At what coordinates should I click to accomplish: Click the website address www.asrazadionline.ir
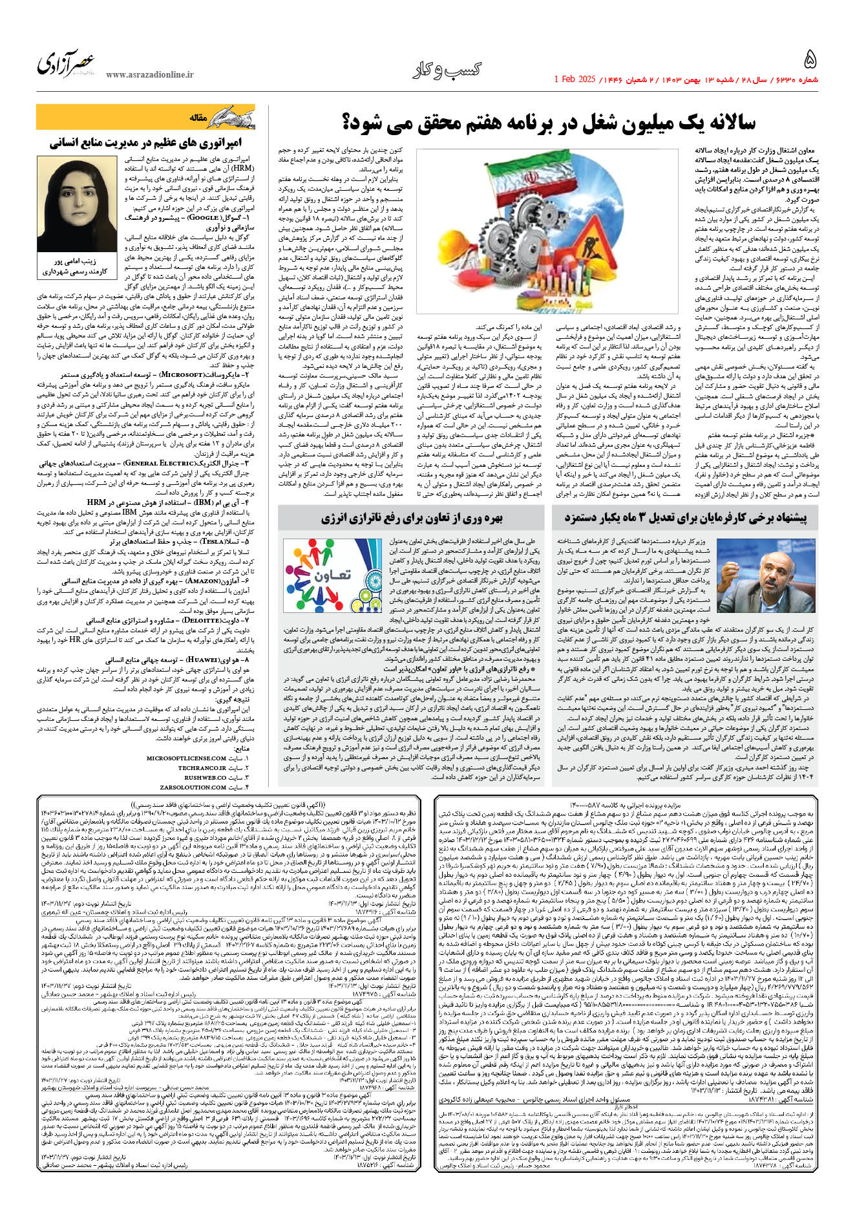click(x=149, y=75)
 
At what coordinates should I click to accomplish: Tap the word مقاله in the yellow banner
click(x=197, y=118)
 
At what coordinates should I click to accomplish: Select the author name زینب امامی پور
click(x=78, y=262)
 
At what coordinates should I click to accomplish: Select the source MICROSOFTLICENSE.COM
click(x=187, y=758)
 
